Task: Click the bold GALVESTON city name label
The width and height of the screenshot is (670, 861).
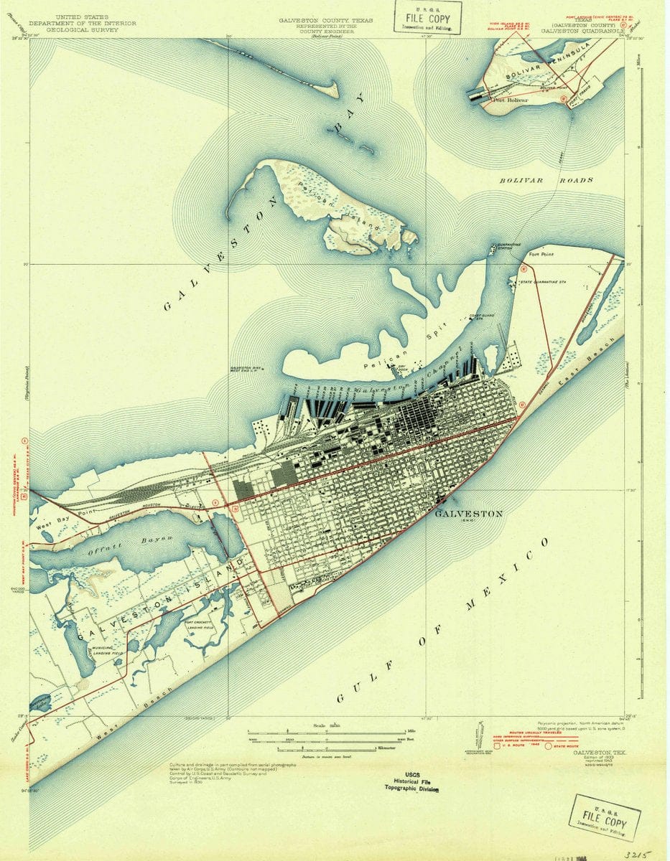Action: point(469,514)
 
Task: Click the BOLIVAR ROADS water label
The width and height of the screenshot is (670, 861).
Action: point(546,180)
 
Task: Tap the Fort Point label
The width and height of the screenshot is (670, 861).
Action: point(541,254)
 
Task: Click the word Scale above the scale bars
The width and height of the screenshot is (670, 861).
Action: point(321,725)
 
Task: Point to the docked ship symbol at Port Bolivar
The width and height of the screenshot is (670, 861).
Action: point(478,94)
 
